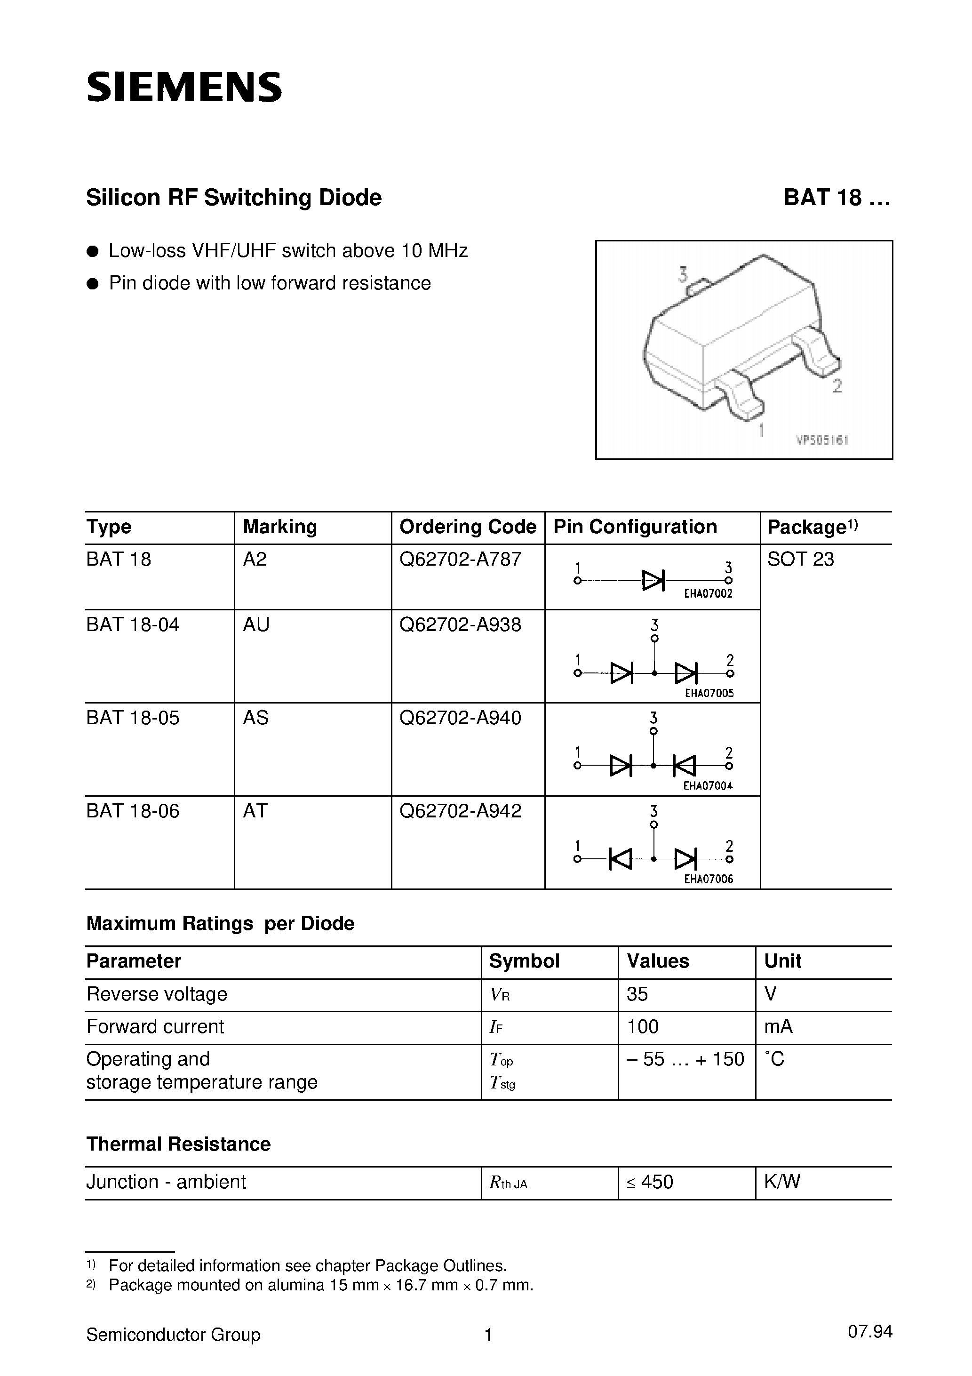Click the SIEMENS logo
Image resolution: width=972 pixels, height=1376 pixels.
pos(184,87)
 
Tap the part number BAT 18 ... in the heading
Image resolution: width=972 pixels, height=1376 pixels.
pos(836,198)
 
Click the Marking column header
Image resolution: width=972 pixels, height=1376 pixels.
pos(279,527)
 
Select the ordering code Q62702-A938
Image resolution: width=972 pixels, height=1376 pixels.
pos(460,625)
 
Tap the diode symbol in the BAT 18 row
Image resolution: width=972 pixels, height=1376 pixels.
pos(653,580)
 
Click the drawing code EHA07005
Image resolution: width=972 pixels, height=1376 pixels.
pos(709,693)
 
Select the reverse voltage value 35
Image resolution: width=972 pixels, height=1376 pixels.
pos(637,994)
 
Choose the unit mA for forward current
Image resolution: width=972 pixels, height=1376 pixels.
pos(778,1027)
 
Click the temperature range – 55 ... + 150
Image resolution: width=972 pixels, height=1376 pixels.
pos(685,1059)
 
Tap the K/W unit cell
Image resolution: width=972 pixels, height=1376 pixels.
pos(781,1182)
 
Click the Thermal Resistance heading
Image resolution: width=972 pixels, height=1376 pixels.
pos(178,1144)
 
